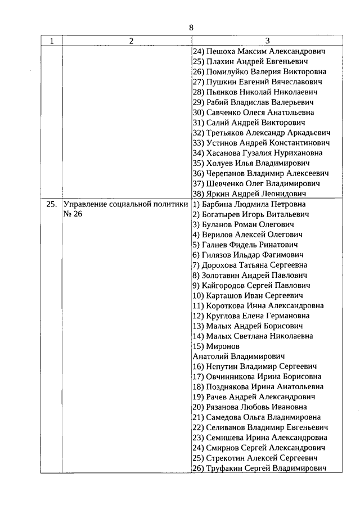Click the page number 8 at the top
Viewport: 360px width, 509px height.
point(191,28)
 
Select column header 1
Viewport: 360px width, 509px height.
point(52,41)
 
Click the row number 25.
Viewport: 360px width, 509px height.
point(51,205)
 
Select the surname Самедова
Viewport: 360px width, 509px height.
point(226,417)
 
